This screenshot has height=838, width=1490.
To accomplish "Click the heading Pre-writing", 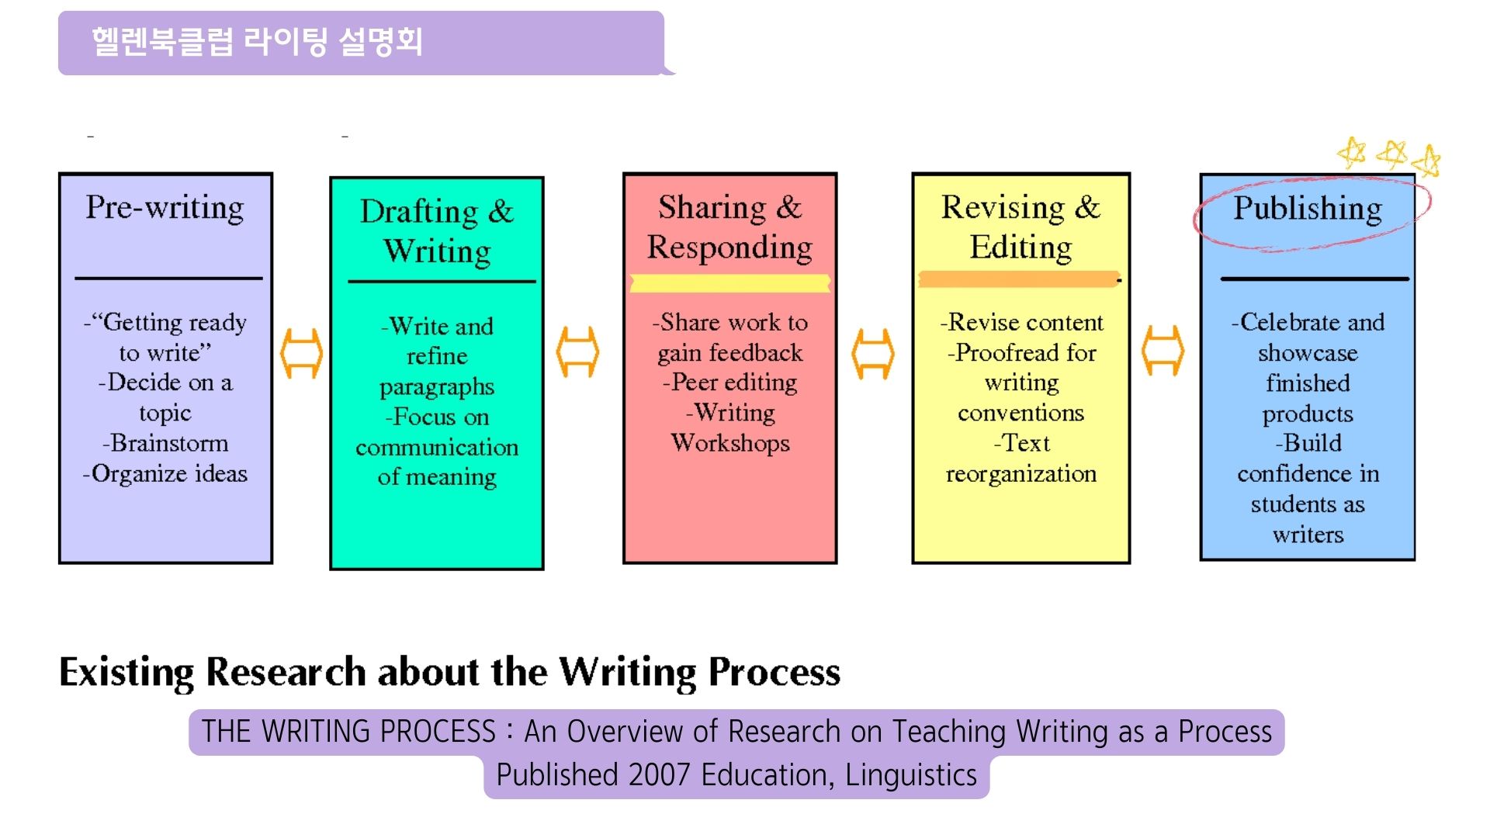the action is (x=165, y=208).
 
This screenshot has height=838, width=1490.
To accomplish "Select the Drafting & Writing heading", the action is (x=437, y=231).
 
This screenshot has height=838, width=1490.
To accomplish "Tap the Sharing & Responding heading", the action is (x=729, y=227).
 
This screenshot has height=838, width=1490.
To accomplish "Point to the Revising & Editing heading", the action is (x=1021, y=227).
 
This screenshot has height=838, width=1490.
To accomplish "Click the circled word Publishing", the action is (x=1308, y=208).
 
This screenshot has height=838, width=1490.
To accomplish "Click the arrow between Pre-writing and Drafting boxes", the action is (x=301, y=353).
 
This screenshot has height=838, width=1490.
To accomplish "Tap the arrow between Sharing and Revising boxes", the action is (x=873, y=354).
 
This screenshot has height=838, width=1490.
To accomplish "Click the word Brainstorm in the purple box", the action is (x=169, y=443).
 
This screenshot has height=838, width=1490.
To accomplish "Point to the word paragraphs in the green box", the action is (x=437, y=387).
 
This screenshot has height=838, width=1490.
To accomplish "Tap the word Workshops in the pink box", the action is (x=730, y=443).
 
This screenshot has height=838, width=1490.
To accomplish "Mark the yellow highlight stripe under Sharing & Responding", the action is (x=729, y=283).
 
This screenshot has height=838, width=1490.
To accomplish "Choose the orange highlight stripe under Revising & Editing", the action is (x=1019, y=279).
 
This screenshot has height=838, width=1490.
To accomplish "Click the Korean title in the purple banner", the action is (x=257, y=42).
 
